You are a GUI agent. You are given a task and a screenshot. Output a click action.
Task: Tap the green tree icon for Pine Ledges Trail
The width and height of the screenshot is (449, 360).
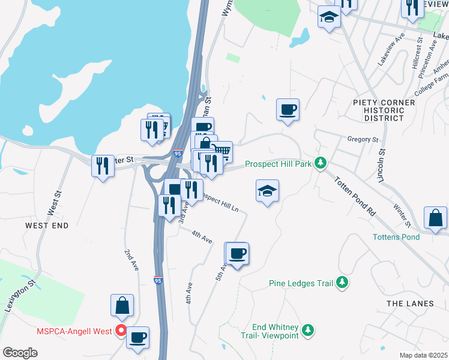tap(342, 282)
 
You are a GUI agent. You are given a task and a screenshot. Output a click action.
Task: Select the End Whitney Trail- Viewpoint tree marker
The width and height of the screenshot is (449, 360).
tap(308, 329)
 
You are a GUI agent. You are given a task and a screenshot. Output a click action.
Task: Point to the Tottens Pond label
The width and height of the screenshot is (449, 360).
tap(396, 237)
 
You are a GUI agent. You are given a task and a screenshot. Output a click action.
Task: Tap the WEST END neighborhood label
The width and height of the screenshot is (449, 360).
tap(47, 226)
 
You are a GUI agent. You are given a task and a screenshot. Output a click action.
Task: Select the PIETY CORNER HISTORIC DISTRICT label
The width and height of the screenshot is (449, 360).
tap(384, 110)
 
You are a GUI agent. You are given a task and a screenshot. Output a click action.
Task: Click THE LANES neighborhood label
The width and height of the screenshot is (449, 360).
tap(410, 304)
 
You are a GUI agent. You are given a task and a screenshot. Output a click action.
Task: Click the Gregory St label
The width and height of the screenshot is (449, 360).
tap(363, 139)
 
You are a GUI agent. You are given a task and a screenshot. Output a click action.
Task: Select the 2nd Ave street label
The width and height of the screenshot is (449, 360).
tap(132, 259)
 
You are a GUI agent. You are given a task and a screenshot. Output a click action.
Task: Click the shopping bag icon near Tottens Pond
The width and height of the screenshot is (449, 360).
tap(435, 218)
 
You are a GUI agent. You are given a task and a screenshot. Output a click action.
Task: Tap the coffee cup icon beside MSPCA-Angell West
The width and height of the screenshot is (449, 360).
tap(138, 337)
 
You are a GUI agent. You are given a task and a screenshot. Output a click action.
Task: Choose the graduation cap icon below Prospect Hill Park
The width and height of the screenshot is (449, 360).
tap(267, 191)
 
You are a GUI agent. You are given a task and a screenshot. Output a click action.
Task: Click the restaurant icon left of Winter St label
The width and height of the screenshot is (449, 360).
tap(103, 165)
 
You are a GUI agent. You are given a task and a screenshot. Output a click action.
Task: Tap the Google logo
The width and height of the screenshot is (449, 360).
tap(20, 353)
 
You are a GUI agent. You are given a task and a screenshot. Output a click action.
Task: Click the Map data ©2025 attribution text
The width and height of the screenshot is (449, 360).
tap(423, 355)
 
